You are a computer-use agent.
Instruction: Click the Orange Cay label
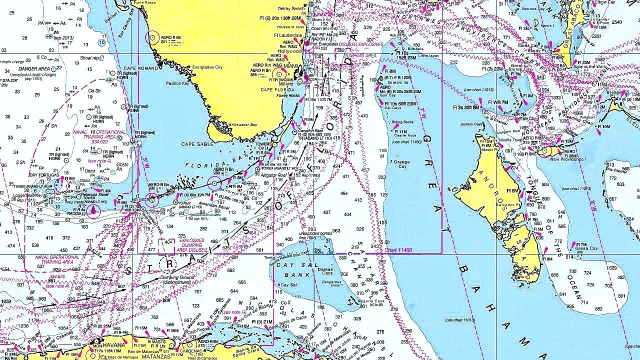(401, 162)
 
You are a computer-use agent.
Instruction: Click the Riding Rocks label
(402, 122)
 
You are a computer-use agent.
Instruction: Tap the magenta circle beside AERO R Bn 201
(153, 37)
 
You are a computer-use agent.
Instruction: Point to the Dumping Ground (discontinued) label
(179, 279)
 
